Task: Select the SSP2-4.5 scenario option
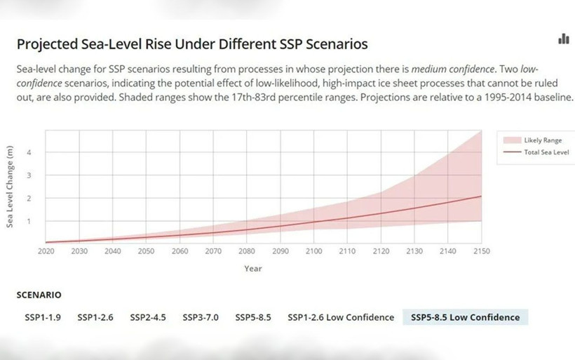tap(147, 317)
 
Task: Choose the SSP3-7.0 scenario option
tap(201, 317)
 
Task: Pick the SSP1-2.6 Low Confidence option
tap(341, 317)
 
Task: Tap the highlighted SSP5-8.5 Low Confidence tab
tap(465, 317)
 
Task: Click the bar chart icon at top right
tap(563, 39)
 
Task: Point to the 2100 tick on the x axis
tap(313, 251)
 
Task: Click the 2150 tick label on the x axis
tap(481, 251)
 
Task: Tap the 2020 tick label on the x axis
tap(46, 251)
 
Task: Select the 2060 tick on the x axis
tap(180, 251)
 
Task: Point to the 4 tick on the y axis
tap(29, 152)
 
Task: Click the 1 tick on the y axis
tap(29, 221)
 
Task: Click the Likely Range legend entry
tap(542, 140)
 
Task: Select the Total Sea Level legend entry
tap(546, 152)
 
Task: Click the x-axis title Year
tap(253, 268)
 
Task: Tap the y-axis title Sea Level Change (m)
tap(11, 186)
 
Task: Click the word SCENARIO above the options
tap(39, 295)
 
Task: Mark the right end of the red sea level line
tap(481, 196)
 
